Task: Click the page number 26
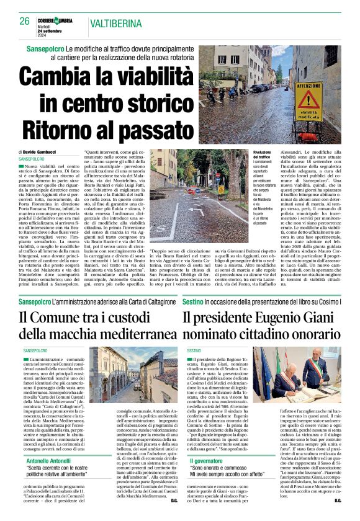(x=24, y=21)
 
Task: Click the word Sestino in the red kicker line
(x=195, y=301)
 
